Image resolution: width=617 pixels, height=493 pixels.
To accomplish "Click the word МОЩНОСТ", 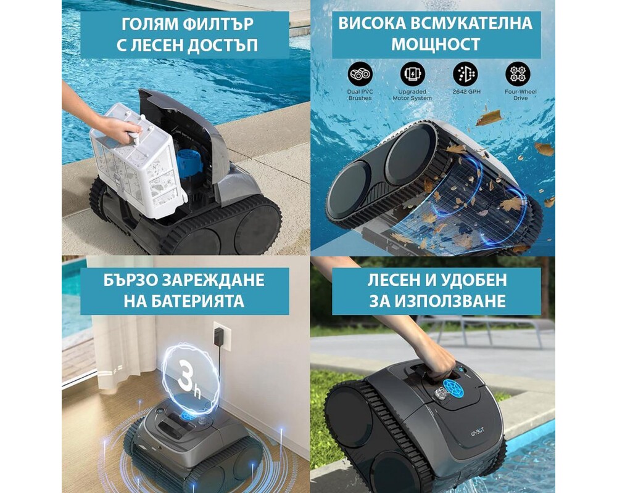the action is click(436, 44).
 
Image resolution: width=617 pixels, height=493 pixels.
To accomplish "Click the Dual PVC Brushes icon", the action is click(360, 74).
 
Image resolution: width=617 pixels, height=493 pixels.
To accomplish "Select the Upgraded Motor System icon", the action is click(413, 74).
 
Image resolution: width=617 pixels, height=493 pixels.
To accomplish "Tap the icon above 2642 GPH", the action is click(465, 74).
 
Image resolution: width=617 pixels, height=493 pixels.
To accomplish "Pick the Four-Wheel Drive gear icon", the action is click(518, 74).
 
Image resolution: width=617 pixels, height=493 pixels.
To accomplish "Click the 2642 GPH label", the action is click(466, 92).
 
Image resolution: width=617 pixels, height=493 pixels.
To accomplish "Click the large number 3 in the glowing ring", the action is click(185, 377).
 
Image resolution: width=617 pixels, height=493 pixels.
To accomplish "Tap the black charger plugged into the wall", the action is click(217, 336).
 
